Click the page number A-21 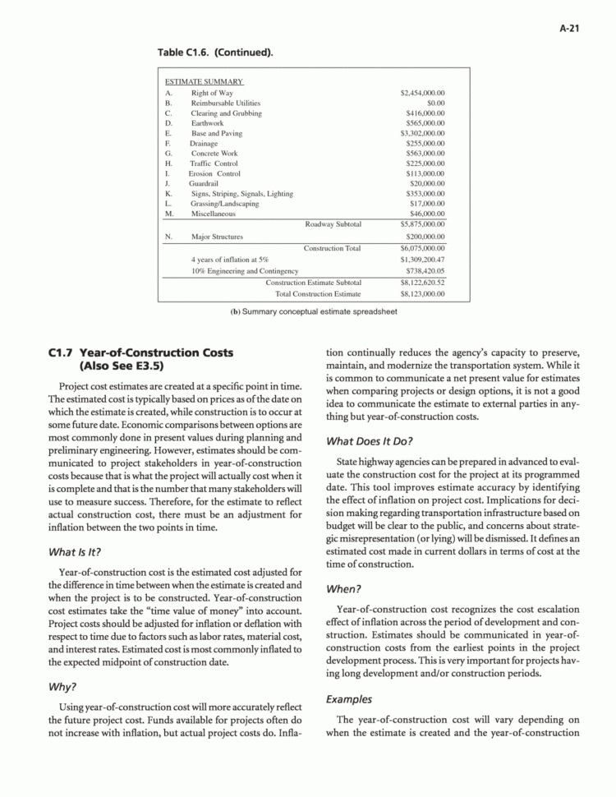(571, 27)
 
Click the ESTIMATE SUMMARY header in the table (204, 83)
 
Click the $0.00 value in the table (435, 104)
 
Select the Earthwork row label (207, 123)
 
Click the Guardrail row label (205, 183)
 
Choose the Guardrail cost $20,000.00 (425, 183)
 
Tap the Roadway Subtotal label (333, 223)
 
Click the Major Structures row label (217, 237)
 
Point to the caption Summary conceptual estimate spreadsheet (308, 311)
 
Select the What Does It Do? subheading (369, 440)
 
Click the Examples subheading (349, 699)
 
